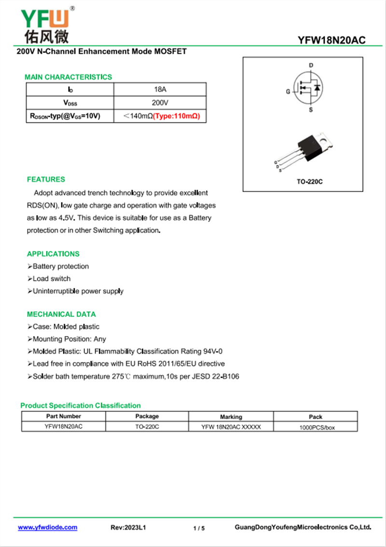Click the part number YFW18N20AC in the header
[x=331, y=41]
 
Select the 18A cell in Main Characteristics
[x=160, y=90]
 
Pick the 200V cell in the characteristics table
[x=160, y=103]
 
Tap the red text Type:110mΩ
[x=177, y=116]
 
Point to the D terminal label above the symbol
[x=311, y=66]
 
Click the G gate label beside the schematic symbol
[x=288, y=92]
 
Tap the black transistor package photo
[x=311, y=146]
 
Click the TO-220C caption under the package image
[x=309, y=181]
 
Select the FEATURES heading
[x=46, y=179]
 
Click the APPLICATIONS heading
[x=53, y=254]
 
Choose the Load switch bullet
[x=51, y=279]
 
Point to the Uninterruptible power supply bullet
[x=78, y=291]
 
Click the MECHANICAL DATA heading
[x=61, y=314]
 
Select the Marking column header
[x=231, y=417]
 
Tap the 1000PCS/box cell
[x=317, y=427]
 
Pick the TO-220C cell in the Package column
[x=147, y=427]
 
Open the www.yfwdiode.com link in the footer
[x=48, y=528]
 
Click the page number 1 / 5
[x=199, y=529]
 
